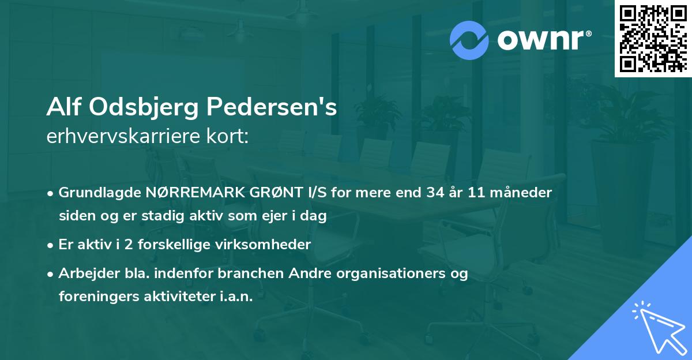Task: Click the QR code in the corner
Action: coord(653,39)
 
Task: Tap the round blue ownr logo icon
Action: coord(469,40)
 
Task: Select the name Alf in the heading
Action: coord(61,108)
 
